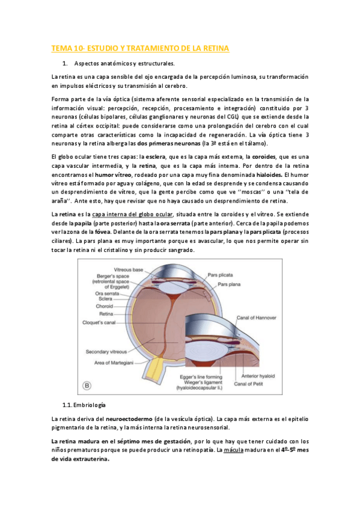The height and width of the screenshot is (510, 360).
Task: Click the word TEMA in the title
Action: [x=61, y=48]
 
